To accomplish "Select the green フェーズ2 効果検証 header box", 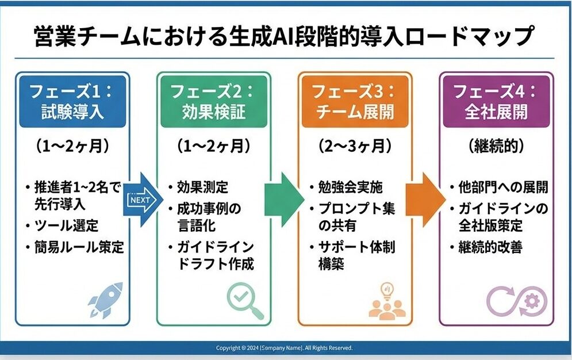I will tap(213, 101).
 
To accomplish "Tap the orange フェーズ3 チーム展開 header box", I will tap(355, 101).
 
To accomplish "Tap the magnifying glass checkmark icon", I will tap(244, 301).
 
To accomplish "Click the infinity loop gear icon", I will tap(517, 301).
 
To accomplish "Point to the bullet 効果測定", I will tap(198, 187).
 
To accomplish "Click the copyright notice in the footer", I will tap(284, 348).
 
